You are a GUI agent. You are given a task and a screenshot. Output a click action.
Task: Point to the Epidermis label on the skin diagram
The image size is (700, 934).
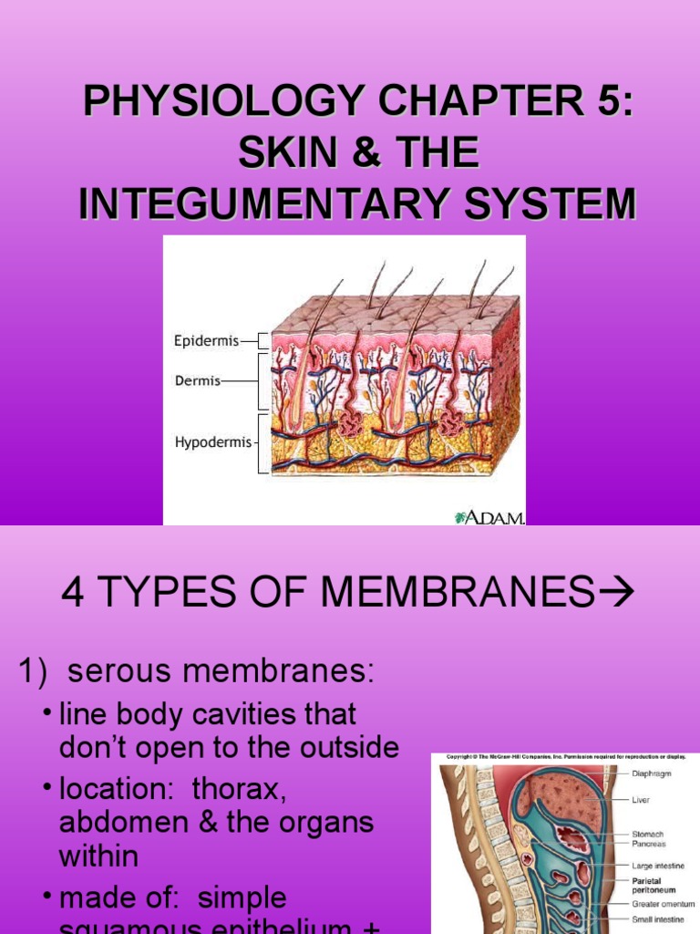[x=205, y=341]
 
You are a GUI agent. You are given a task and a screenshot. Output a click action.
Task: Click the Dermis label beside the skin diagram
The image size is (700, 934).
[x=197, y=381]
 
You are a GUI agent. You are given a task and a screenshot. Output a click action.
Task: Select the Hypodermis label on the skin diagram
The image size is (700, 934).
[x=212, y=442]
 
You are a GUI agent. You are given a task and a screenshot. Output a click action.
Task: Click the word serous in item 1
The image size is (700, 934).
[x=119, y=672]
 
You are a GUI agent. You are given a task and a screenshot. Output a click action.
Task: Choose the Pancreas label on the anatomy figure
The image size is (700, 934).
[x=649, y=845]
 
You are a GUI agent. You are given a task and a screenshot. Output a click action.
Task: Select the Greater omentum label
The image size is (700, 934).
[x=664, y=904]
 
